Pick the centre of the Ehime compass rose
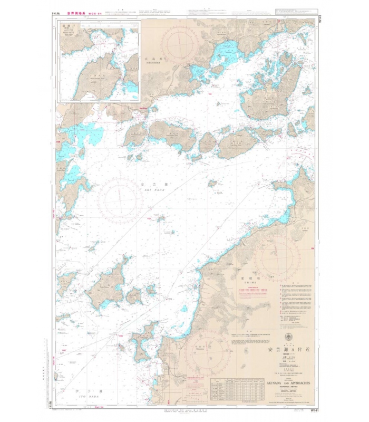click(277, 258)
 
